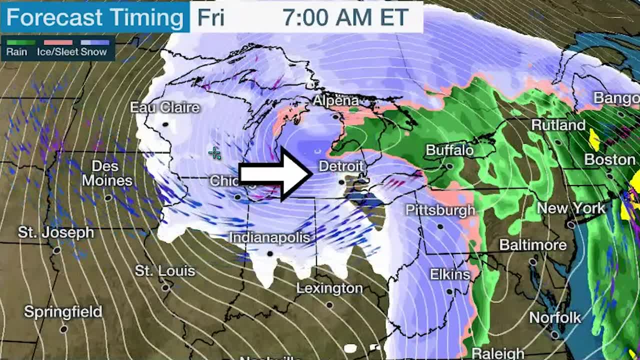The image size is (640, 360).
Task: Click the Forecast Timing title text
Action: (x=94, y=17)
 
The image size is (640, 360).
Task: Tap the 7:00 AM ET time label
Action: (x=345, y=17)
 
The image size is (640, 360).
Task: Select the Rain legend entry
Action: (x=16, y=51)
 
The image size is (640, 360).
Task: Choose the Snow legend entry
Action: (x=94, y=51)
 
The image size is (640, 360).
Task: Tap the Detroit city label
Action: (x=341, y=165)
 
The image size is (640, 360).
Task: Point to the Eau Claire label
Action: (x=164, y=107)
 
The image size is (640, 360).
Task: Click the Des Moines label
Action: (x=107, y=173)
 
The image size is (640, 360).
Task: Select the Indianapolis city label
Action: (x=269, y=237)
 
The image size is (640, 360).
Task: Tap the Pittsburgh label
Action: (x=440, y=210)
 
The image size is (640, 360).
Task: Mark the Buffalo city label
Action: (x=449, y=150)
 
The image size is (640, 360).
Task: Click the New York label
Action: (x=571, y=208)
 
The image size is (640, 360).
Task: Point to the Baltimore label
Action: (x=533, y=245)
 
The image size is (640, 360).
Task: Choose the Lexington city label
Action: (x=329, y=288)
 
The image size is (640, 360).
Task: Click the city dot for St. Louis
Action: (x=165, y=287)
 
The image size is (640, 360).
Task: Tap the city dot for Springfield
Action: (x=63, y=329)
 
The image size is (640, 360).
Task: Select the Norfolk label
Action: (x=555, y=317)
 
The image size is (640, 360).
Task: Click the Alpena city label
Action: (x=335, y=100)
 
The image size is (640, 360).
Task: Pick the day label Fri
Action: (x=210, y=17)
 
